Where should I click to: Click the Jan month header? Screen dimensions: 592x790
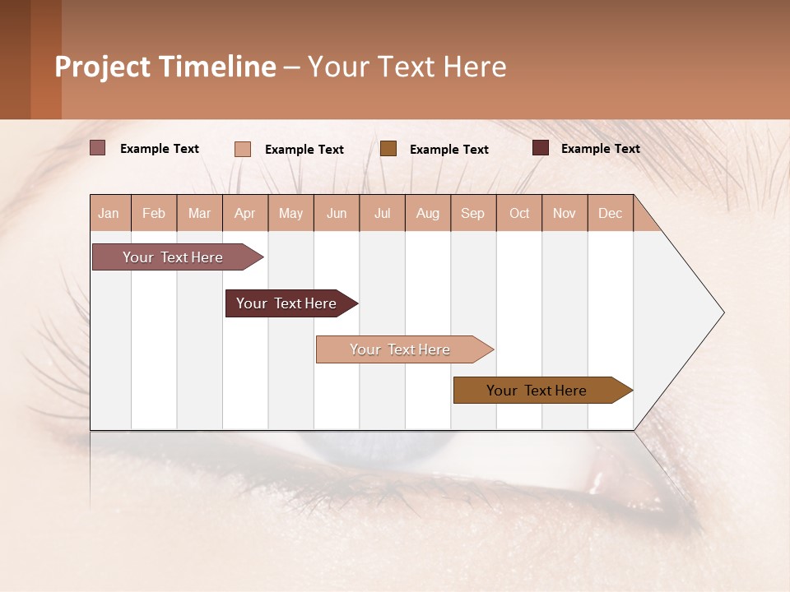click(109, 213)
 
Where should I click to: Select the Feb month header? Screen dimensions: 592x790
click(154, 213)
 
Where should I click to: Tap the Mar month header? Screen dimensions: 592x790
click(199, 213)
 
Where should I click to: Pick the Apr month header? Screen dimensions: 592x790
click(245, 213)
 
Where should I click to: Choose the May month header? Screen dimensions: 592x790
click(290, 213)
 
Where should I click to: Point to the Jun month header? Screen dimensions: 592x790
click(337, 213)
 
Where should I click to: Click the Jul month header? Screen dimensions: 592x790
click(382, 213)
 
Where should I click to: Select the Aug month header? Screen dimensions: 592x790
click(428, 213)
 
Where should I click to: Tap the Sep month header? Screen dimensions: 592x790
click(473, 213)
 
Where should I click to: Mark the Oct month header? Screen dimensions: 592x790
click(519, 213)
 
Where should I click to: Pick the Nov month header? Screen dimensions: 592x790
click(565, 213)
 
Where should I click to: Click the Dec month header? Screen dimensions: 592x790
click(610, 213)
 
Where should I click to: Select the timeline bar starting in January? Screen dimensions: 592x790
click(174, 257)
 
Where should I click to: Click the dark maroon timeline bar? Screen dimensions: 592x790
click(287, 303)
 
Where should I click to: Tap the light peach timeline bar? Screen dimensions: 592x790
click(401, 349)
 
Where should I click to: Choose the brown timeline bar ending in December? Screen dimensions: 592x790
click(537, 391)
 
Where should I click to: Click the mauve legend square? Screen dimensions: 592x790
click(98, 148)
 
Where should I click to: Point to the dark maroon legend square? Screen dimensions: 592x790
click(541, 148)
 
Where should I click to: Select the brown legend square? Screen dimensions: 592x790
click(388, 148)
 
